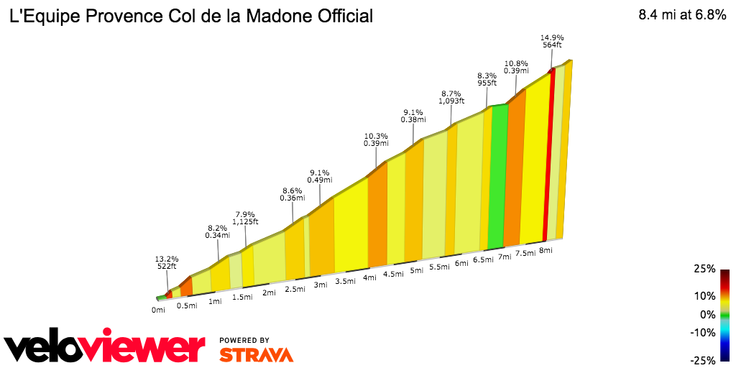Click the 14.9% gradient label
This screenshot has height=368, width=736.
coord(552,37)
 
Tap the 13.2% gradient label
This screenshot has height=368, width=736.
coord(166,258)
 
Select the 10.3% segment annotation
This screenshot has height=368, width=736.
coord(377,135)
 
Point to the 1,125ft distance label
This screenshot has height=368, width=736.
coord(245,222)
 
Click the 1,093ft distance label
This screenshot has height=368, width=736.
coord(451,101)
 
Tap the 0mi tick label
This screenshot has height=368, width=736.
coord(159,310)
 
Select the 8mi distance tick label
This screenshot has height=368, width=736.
coord(545,250)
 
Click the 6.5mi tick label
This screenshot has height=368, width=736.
coord(483,259)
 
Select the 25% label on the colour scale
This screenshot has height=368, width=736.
coord(705,269)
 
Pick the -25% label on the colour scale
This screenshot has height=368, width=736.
coord(704,360)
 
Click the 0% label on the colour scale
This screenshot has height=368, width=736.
coord(708,314)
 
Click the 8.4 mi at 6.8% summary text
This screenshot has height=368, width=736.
coord(682,15)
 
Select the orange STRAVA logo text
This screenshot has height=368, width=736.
coord(256,355)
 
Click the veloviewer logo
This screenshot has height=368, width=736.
coord(104,348)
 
